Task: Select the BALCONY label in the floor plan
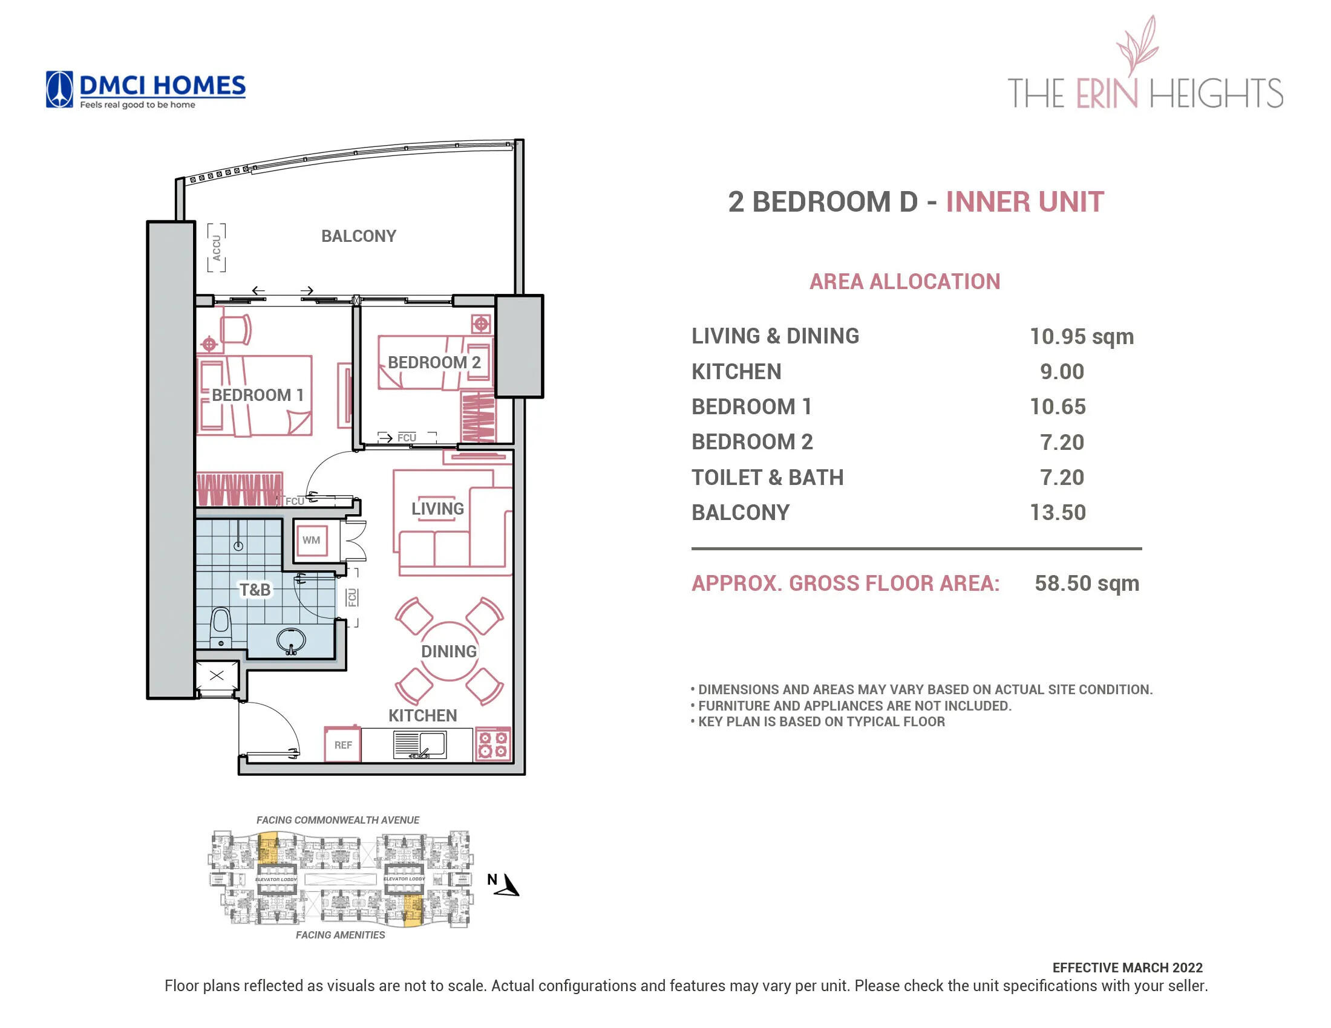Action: (358, 236)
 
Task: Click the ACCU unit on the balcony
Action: (217, 247)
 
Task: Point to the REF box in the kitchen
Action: (342, 745)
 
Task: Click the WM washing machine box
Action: (311, 540)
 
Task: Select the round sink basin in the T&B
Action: (292, 640)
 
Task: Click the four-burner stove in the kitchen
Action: (492, 744)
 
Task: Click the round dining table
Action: (449, 651)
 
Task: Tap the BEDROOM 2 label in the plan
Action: (434, 362)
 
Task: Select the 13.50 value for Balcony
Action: (1058, 513)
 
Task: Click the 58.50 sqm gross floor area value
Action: (1086, 584)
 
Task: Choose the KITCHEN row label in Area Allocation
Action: (736, 371)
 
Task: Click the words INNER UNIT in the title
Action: (1024, 202)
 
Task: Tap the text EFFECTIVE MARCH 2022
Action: (1127, 968)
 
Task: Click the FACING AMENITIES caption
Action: (340, 935)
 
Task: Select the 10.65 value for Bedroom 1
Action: (1058, 407)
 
